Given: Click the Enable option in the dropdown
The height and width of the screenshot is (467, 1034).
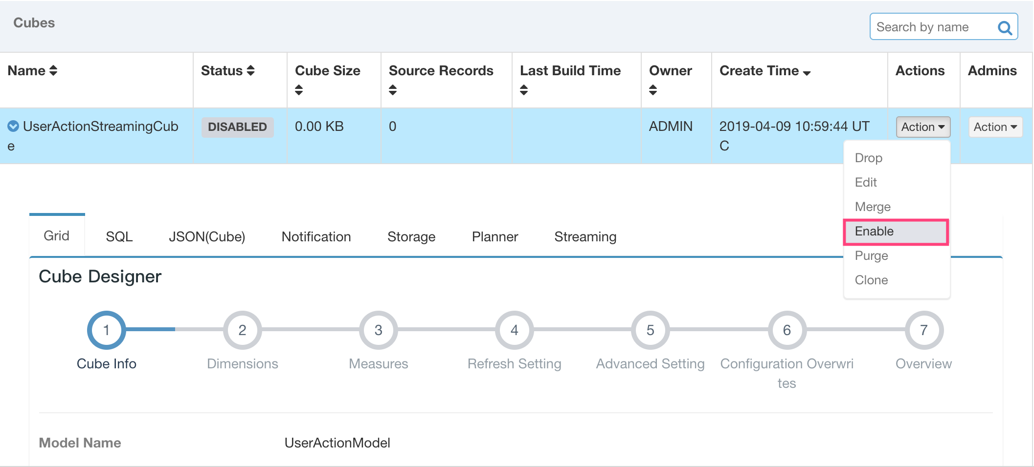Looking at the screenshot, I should pyautogui.click(x=875, y=232).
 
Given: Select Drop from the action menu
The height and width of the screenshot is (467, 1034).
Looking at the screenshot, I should pyautogui.click(x=869, y=158).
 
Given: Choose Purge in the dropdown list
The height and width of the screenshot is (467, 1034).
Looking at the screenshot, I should pyautogui.click(x=871, y=256).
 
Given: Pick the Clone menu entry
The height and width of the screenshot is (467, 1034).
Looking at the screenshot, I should pyautogui.click(x=871, y=280).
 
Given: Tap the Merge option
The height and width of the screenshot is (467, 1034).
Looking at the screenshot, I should pyautogui.click(x=873, y=207).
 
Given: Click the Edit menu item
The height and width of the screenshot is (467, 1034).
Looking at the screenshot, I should pyautogui.click(x=866, y=183).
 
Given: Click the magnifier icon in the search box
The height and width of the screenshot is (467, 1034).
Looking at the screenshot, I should pyautogui.click(x=1005, y=28).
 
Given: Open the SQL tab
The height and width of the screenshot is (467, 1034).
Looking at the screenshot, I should pyautogui.click(x=119, y=237).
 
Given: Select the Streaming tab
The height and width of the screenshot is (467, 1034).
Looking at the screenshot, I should pyautogui.click(x=585, y=237).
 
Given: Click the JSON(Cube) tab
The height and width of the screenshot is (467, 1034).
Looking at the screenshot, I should pyautogui.click(x=207, y=237).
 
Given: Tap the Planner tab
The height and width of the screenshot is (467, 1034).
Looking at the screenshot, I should pyautogui.click(x=495, y=237).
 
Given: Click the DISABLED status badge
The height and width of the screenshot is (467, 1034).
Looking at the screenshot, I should pyautogui.click(x=237, y=127).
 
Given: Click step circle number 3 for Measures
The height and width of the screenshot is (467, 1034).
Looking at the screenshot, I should pyautogui.click(x=378, y=330).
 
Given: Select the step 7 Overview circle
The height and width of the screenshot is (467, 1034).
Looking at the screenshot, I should pyautogui.click(x=923, y=330).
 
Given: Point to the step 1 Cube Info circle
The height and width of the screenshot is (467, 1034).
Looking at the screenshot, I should pyautogui.click(x=106, y=330).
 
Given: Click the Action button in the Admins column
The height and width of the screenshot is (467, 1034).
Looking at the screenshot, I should pyautogui.click(x=995, y=127).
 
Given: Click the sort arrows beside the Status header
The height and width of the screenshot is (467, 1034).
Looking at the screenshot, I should pyautogui.click(x=251, y=71).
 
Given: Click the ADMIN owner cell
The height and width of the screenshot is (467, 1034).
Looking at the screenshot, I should pyautogui.click(x=671, y=127).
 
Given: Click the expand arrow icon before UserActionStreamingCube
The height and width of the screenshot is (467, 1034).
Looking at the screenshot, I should pyautogui.click(x=13, y=127).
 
